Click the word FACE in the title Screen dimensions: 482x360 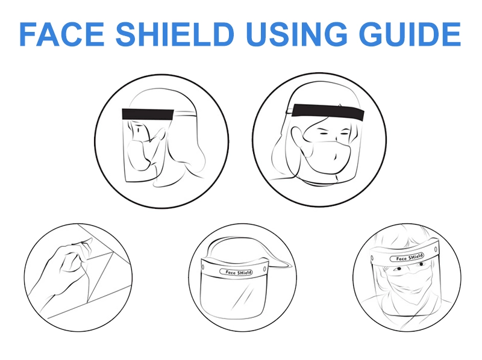tap(62, 34)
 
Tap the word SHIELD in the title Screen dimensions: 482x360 tap(175, 34)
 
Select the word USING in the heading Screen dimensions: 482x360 tap(296, 34)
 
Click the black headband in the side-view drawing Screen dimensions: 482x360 tap(148, 114)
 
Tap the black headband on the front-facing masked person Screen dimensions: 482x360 tap(328, 111)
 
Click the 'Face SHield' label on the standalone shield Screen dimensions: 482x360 tap(236, 272)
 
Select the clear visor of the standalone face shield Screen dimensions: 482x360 tap(233, 295)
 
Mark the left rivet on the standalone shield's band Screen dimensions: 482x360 tap(203, 265)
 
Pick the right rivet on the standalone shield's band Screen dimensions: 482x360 tap(264, 268)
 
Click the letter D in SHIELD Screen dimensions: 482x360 tap(222, 34)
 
